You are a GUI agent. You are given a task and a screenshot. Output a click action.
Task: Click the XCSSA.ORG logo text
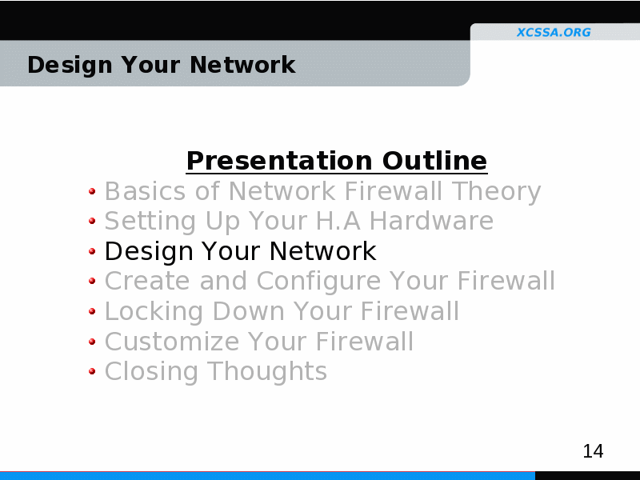(554, 32)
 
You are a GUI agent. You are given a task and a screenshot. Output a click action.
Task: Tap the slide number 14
(593, 451)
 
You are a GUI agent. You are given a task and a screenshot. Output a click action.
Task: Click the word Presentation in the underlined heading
(279, 161)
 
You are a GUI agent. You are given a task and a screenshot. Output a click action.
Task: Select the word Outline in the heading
(434, 160)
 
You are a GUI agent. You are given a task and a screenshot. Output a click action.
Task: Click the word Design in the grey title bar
(70, 66)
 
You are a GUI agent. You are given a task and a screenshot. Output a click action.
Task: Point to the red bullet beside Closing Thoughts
(92, 371)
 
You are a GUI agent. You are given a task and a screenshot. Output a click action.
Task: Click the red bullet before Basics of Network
(92, 191)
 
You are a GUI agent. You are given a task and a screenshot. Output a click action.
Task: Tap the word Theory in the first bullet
(496, 192)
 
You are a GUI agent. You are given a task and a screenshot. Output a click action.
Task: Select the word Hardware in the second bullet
(431, 221)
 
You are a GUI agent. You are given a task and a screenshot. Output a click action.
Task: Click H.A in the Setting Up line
(338, 221)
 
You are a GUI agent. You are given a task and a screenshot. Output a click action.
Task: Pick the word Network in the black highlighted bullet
(322, 250)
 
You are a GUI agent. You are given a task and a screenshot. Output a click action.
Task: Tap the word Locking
(154, 312)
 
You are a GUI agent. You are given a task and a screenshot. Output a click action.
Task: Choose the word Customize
(172, 342)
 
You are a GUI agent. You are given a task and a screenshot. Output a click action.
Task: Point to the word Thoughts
(267, 371)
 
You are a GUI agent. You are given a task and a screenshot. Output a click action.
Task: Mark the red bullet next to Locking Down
(92, 311)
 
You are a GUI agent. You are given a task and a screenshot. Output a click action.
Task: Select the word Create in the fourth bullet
(147, 281)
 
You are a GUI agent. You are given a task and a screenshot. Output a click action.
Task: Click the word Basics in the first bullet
(146, 191)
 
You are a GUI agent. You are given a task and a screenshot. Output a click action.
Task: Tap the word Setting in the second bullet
(150, 222)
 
